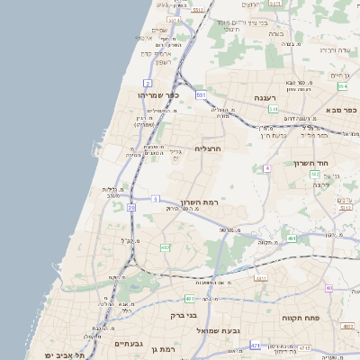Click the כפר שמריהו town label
click(x=159, y=94)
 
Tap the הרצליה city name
click(x=208, y=148)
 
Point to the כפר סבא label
click(x=343, y=112)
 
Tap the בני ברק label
click(x=184, y=316)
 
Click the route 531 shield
click(x=202, y=94)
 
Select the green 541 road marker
click(x=273, y=108)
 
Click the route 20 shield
click(x=131, y=208)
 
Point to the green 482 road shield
click(x=165, y=247)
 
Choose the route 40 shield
click(x=329, y=288)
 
